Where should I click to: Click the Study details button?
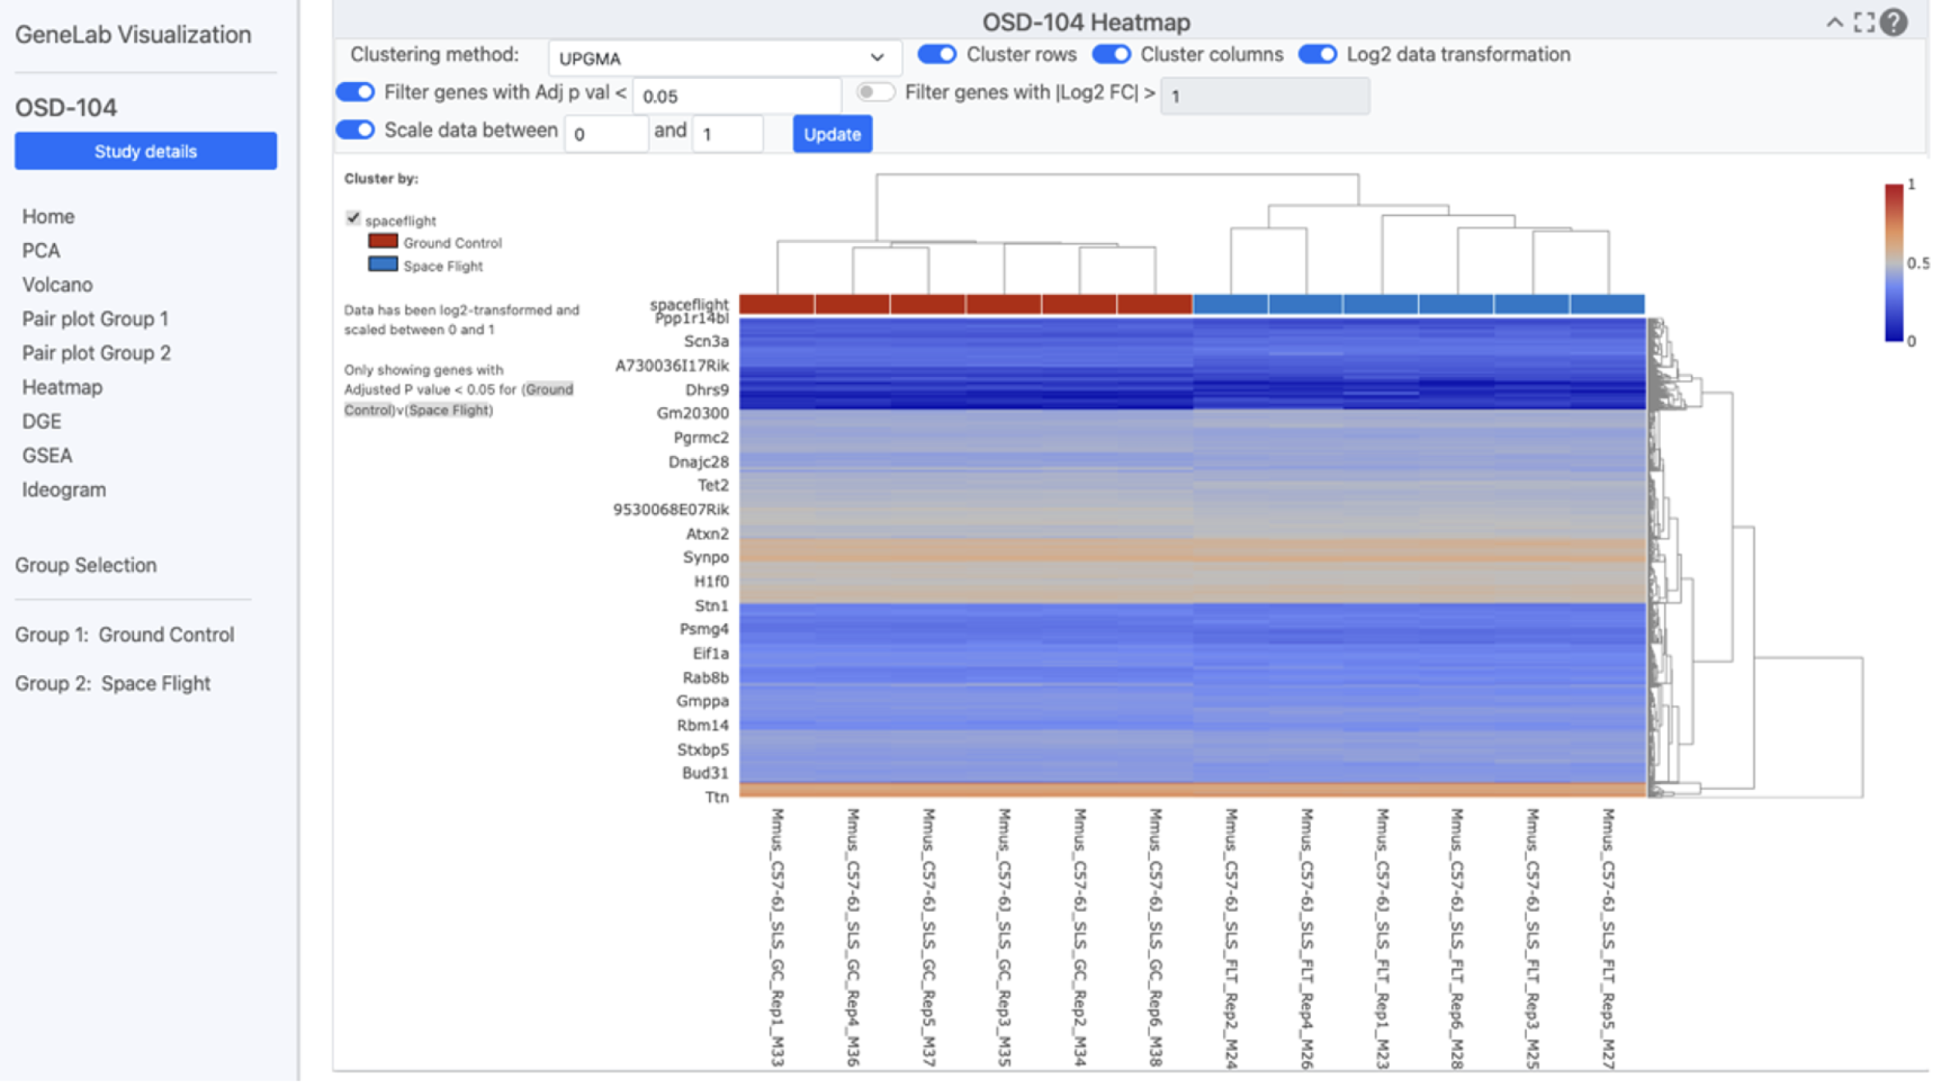pos(146,151)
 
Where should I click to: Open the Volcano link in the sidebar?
pos(57,285)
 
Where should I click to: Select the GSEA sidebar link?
pos(47,456)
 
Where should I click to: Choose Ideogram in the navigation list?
pos(64,490)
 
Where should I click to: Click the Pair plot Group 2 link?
pos(96,353)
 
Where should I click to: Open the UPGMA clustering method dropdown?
pos(724,58)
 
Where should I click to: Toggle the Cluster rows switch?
pos(937,54)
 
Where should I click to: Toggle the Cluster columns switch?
pos(1111,54)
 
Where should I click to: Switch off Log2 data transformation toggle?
pos(1317,54)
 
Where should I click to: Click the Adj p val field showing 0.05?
pos(736,96)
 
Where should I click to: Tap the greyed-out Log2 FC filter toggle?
pos(875,92)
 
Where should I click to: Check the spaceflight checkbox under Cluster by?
pos(353,218)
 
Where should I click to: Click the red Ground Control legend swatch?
pos(383,241)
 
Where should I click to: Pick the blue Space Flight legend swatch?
pos(383,265)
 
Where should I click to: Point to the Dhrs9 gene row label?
pos(707,389)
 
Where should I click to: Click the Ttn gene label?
pos(717,797)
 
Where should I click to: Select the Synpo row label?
pos(706,557)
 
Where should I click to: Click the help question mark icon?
pos(1894,22)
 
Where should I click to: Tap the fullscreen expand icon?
pos(1864,22)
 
